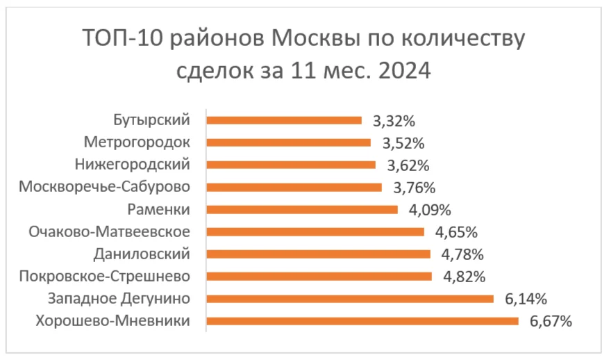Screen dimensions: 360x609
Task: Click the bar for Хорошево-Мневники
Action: click(x=362, y=321)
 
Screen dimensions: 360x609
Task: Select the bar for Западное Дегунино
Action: click(x=350, y=299)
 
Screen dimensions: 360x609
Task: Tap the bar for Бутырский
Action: click(x=285, y=120)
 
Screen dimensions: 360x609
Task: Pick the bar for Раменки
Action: click(x=302, y=209)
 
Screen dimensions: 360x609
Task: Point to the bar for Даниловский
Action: click(x=319, y=254)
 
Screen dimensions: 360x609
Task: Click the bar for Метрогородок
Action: click(x=289, y=142)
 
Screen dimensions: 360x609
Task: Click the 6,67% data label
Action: click(x=551, y=321)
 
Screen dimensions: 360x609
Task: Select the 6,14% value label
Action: click(x=526, y=300)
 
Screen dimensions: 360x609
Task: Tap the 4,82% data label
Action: click(x=463, y=277)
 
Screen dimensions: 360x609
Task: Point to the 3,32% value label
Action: click(x=394, y=121)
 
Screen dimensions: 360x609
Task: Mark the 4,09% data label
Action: click(x=430, y=210)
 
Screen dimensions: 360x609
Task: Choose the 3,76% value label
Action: click(x=414, y=188)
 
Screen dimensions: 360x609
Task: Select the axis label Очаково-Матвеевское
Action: click(x=109, y=231)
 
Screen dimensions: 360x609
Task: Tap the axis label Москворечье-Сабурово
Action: click(x=104, y=187)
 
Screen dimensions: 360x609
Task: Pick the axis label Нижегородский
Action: click(x=131, y=165)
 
